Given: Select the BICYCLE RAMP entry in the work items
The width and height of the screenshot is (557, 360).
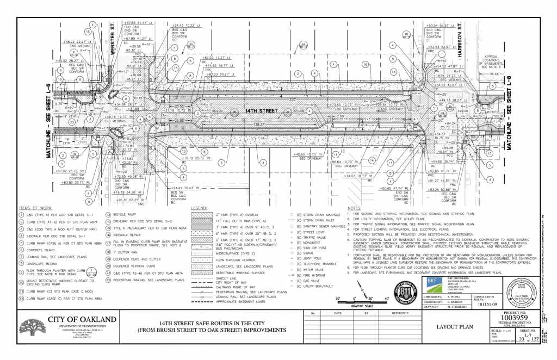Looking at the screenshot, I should click(x=125, y=215).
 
